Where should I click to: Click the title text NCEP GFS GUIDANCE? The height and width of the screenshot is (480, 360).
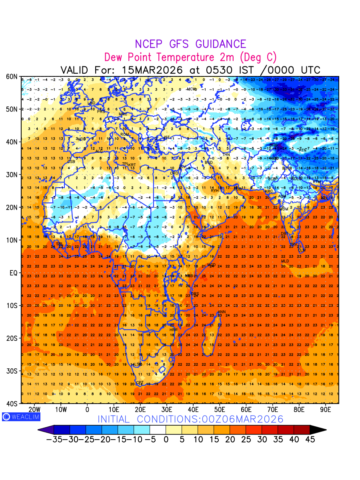coord(190,44)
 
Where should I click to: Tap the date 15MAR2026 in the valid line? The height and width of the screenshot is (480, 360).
coord(152,70)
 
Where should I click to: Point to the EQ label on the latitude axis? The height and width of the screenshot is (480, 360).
coord(13,273)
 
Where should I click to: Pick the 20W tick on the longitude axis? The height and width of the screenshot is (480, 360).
coord(34,410)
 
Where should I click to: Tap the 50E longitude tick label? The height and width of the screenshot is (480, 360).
coord(220,410)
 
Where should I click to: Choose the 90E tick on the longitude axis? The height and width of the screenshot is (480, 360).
coord(326,410)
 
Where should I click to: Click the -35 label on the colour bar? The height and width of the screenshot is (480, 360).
coord(54,440)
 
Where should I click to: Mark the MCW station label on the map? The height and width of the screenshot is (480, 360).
coord(192,89)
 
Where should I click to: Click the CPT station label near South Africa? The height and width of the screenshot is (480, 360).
coord(140,383)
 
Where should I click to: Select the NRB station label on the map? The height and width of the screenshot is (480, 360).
coord(188,276)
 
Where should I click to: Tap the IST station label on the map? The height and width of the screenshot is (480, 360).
coord(167,138)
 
